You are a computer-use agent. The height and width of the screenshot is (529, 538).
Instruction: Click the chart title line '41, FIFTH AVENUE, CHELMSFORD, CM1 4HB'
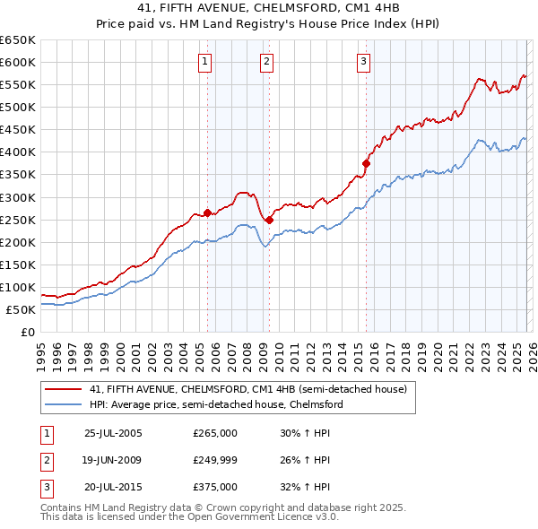pyautogui.click(x=268, y=6)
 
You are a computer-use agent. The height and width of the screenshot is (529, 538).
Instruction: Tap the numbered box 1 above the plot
pyautogui.click(x=206, y=62)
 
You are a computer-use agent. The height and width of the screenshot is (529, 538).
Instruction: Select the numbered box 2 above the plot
pyautogui.click(x=267, y=62)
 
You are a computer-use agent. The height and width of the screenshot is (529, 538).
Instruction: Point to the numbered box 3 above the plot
pyautogui.click(x=363, y=62)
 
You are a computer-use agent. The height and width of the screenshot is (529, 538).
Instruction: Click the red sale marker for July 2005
pyautogui.click(x=207, y=212)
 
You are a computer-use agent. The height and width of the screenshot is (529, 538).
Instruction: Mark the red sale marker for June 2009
pyautogui.click(x=269, y=219)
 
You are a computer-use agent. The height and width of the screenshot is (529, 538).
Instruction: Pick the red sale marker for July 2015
pyautogui.click(x=366, y=163)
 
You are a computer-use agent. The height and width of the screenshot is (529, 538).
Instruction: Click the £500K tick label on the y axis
pyautogui.click(x=18, y=108)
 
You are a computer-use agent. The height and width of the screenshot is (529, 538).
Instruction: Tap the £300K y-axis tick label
pyautogui.click(x=18, y=197)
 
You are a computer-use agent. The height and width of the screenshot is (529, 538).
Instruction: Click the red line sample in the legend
pyautogui.click(x=64, y=390)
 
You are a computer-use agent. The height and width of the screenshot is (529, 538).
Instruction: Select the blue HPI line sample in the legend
pyautogui.click(x=64, y=404)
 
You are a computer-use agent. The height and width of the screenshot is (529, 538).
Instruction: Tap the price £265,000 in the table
pyautogui.click(x=215, y=433)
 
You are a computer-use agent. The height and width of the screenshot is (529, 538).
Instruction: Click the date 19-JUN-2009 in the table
pyautogui.click(x=113, y=460)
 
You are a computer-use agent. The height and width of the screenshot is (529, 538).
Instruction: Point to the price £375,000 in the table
pyautogui.click(x=215, y=487)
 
